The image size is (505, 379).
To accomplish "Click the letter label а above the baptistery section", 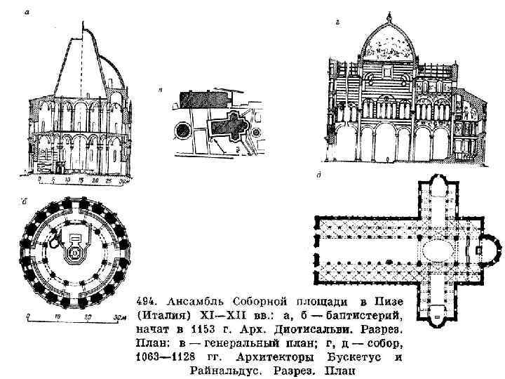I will pos(27,12).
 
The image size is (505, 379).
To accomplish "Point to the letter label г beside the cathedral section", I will pos(338,24).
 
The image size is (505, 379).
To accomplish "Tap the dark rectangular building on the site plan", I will pos(203,98).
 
